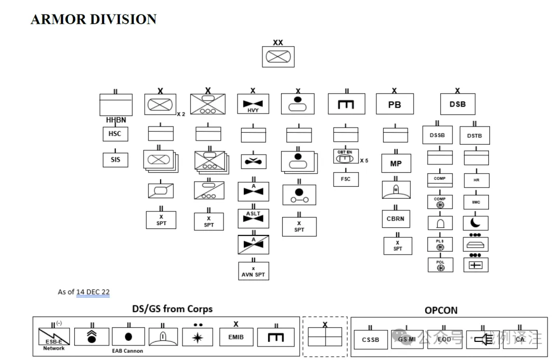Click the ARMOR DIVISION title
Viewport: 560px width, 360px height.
point(93,19)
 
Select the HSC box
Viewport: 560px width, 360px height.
point(115,134)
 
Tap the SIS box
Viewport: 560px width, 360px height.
point(115,160)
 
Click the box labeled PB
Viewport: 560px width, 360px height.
point(395,104)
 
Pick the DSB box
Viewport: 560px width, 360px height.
point(457,104)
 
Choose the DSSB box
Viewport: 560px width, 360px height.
point(437,135)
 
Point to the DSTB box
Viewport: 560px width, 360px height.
point(474,135)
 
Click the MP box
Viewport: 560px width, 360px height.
point(396,163)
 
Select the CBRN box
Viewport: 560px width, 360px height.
point(395,218)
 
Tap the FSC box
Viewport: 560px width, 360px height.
point(346,179)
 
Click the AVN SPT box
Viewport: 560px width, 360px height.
point(254,271)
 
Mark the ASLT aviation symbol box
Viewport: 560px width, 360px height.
point(253,217)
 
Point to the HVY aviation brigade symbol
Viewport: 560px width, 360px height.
point(253,104)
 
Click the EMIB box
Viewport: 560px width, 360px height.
point(235,337)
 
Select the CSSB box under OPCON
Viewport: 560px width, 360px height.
point(370,340)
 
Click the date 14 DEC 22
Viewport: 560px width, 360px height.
point(93,292)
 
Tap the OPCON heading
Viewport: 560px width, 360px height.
point(441,310)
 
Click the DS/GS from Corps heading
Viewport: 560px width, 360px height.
point(172,309)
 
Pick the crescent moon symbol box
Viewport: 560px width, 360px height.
point(475,223)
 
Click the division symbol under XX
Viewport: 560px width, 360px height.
point(278,57)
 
